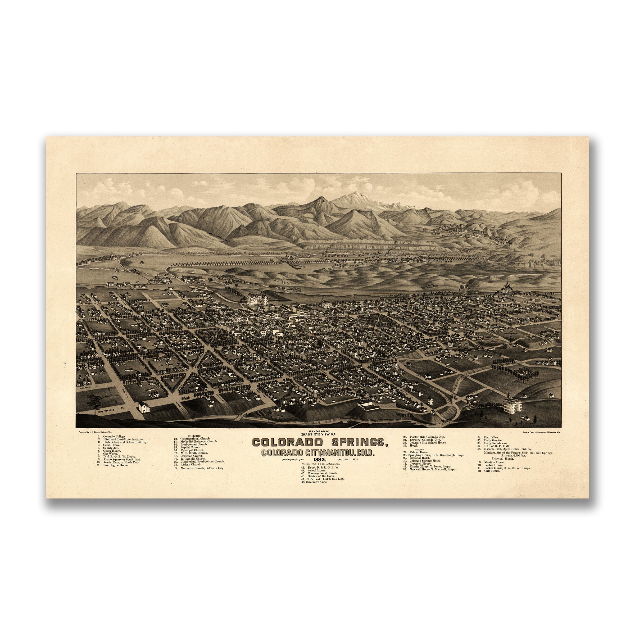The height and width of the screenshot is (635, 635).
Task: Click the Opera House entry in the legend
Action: [x=112, y=451]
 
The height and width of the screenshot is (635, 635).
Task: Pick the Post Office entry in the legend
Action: [x=491, y=437]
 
